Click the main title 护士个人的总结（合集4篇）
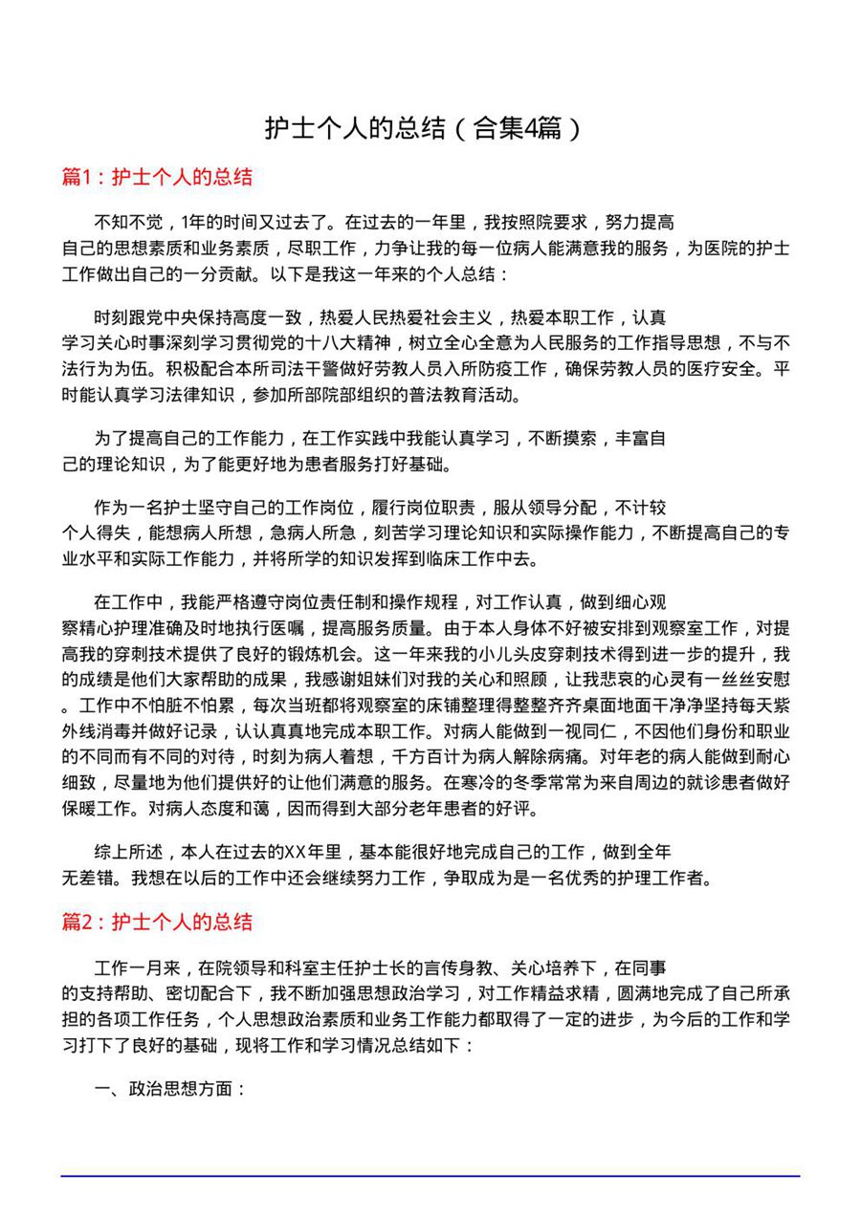point(422,128)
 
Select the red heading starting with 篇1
point(157,177)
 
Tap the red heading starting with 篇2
point(157,922)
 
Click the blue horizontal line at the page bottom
point(430,1176)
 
